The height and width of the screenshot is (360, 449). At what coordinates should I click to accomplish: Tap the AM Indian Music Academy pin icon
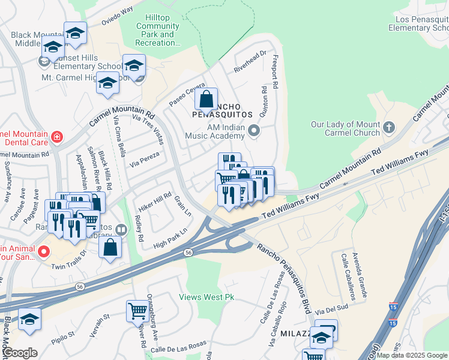click(255, 130)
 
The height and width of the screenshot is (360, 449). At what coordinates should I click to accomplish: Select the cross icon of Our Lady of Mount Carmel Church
click(389, 127)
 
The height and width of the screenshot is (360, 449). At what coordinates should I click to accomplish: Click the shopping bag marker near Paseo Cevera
click(206, 98)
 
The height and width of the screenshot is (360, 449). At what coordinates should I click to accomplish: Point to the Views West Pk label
click(206, 297)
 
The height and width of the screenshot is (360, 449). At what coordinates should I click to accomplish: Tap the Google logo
click(19, 353)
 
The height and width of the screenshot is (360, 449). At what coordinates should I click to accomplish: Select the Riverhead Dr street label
click(250, 62)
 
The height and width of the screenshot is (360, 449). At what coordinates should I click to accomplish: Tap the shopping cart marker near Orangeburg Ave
click(137, 311)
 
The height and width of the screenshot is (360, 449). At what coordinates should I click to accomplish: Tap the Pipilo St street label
click(62, 334)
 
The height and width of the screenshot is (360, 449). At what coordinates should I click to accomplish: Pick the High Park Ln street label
click(170, 238)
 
